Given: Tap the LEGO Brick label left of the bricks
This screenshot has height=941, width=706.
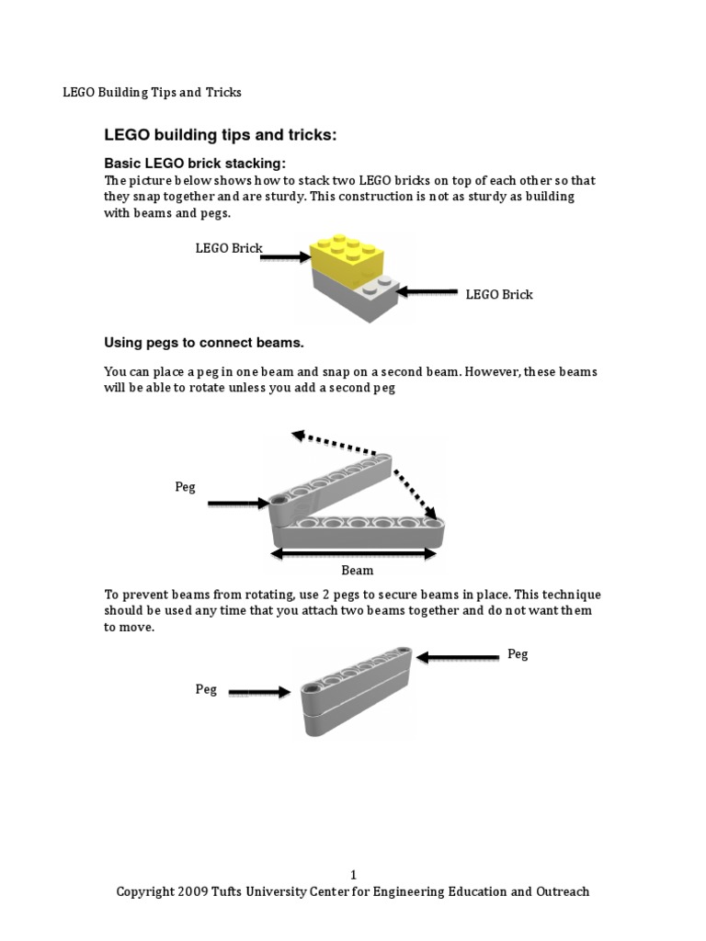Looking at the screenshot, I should tap(229, 248).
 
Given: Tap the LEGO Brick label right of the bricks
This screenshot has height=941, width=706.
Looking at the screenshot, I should tap(499, 295).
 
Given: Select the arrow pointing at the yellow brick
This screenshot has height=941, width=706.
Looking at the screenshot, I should tap(286, 257).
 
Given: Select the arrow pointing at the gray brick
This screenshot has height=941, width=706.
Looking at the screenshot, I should tap(428, 293).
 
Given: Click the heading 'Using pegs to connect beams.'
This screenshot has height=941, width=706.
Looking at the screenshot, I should tap(203, 343).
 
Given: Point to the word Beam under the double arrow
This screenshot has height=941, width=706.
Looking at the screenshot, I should tap(358, 571).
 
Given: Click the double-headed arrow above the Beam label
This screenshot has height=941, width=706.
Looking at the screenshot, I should tap(353, 553).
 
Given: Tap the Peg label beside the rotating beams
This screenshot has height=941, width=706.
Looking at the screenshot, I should tap(185, 487).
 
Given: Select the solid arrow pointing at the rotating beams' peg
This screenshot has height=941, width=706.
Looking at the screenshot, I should tap(238, 503).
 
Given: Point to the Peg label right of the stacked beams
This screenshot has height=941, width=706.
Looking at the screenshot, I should tap(518, 654).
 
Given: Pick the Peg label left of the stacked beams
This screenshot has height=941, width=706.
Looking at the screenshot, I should tap(206, 689).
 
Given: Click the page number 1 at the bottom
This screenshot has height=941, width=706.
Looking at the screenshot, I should tap(353, 875).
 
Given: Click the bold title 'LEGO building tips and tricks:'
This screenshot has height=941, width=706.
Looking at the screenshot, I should tap(221, 136).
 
